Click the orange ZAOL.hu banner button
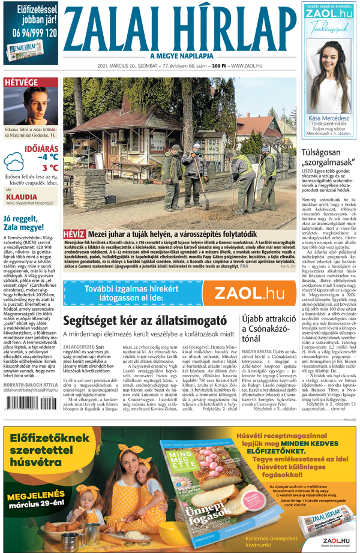coord(249,293)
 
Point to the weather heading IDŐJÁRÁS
coord(40,147)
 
